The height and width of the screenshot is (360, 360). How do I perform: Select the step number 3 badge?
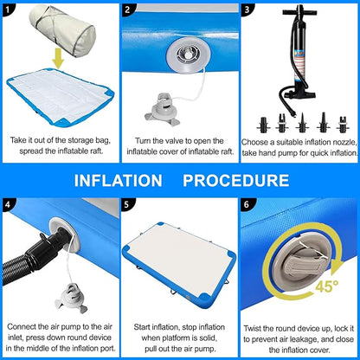click(247, 10)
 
